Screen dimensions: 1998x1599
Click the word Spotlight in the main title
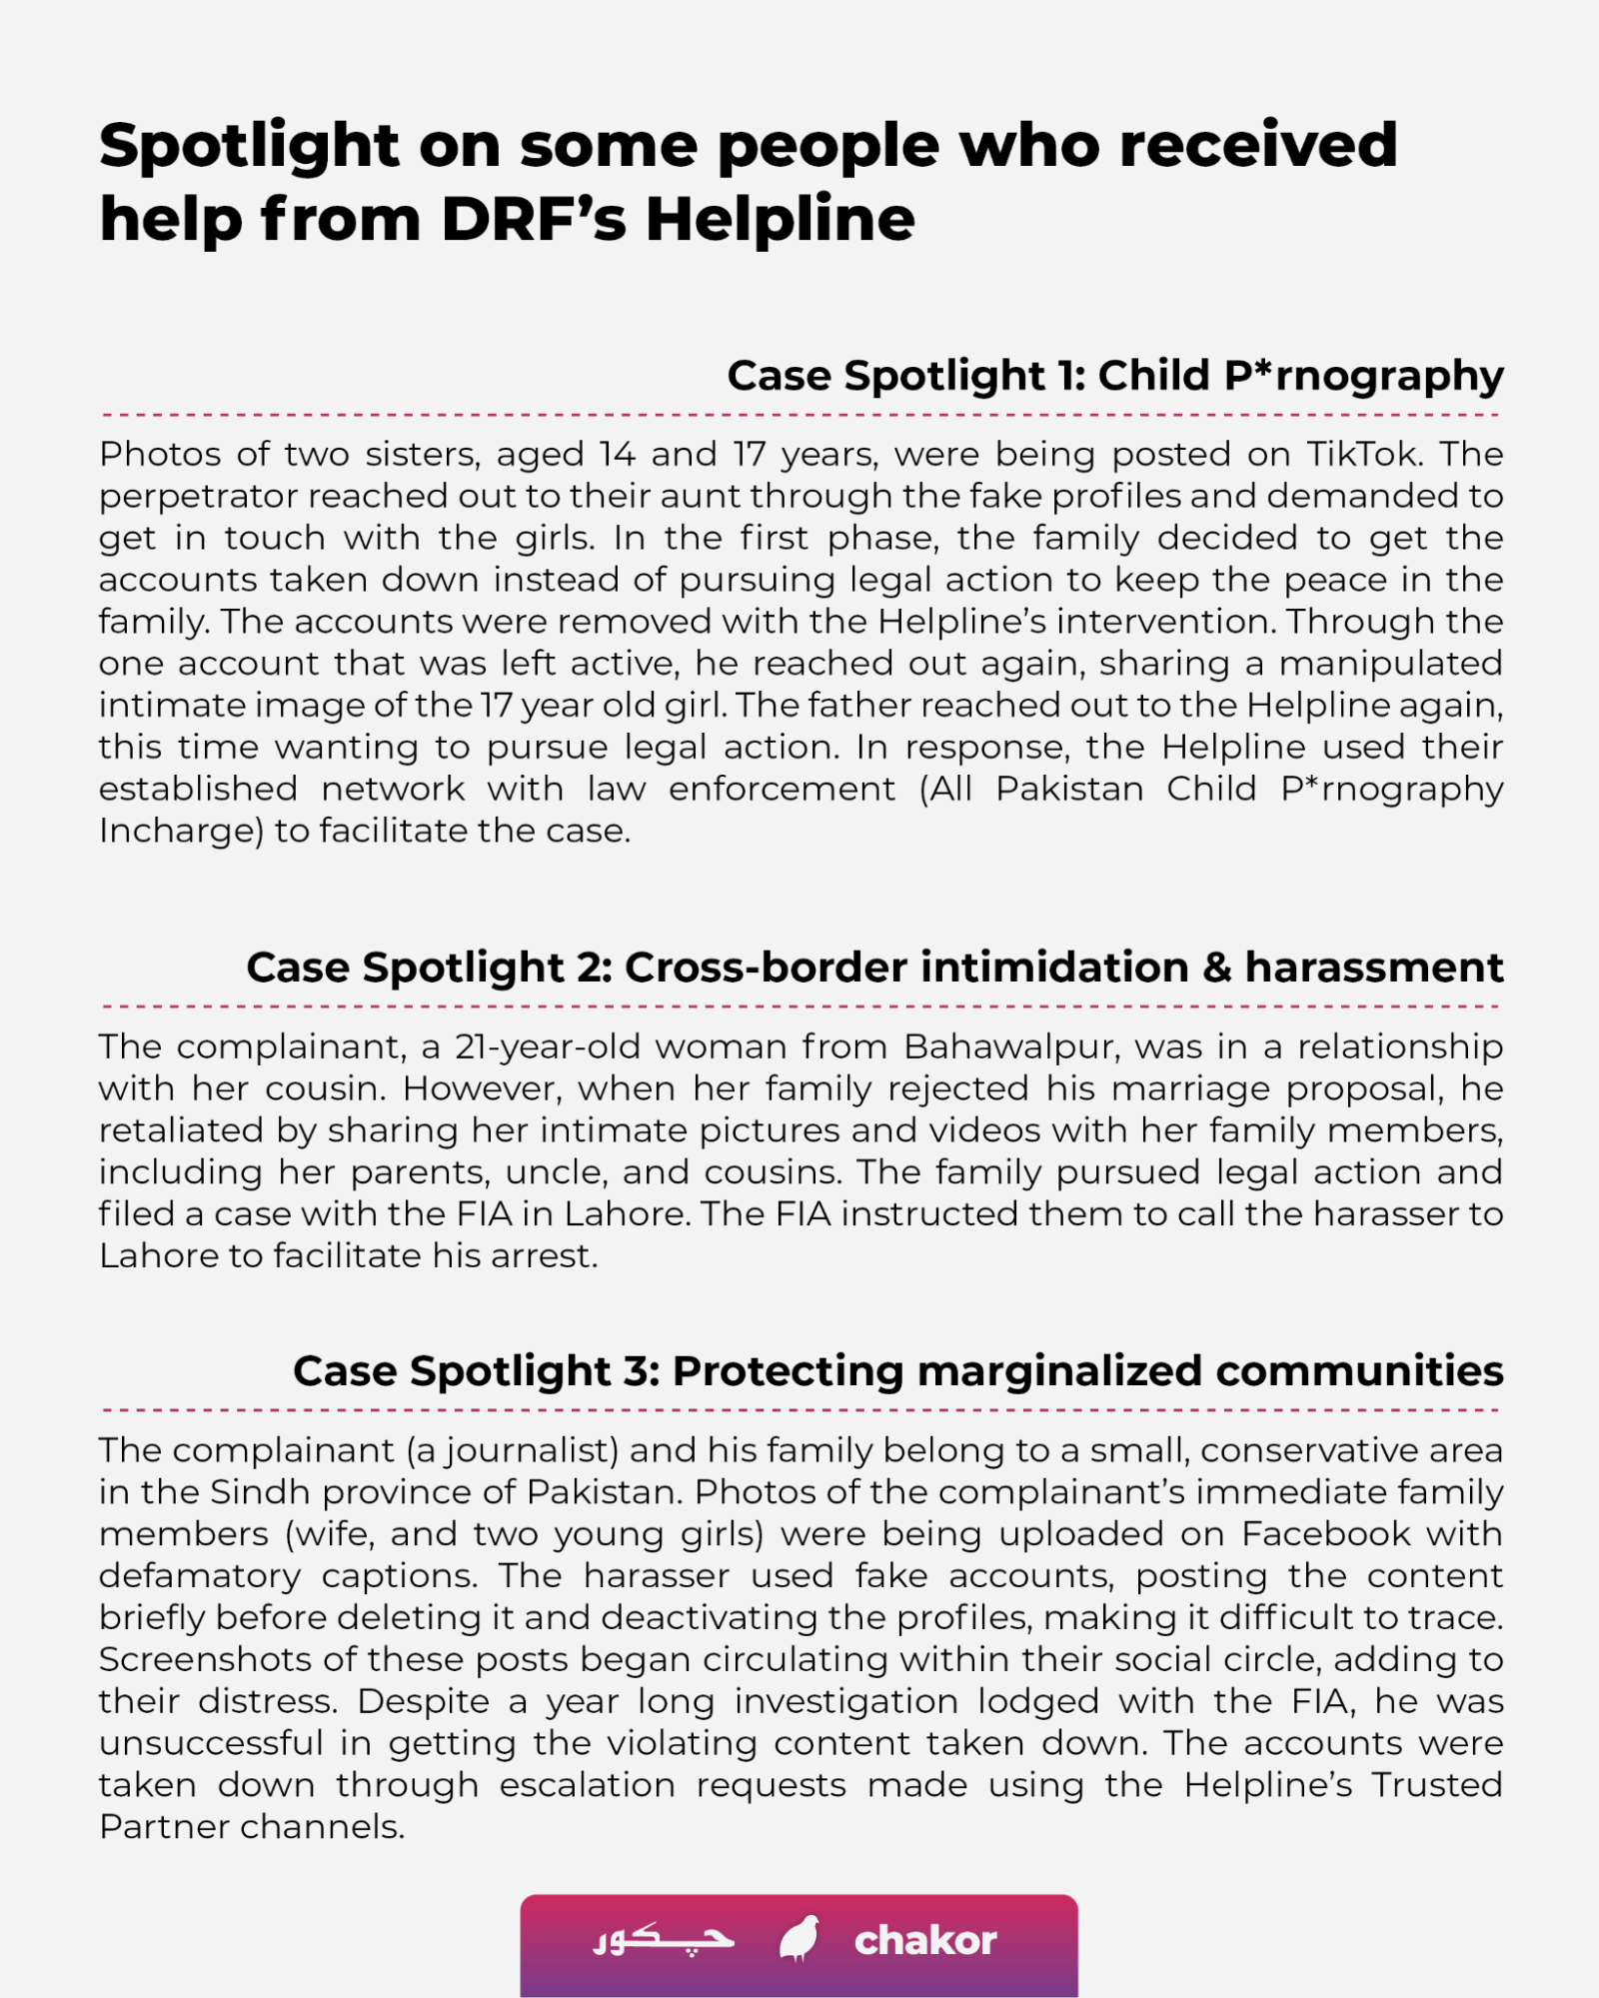click(x=249, y=146)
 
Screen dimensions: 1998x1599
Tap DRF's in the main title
click(x=534, y=220)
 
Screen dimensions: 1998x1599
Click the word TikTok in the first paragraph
click(x=1363, y=455)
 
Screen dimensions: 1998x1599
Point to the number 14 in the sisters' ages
click(x=617, y=455)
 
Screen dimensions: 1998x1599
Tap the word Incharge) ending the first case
click(x=180, y=831)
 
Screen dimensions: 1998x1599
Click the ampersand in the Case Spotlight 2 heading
click(x=1216, y=968)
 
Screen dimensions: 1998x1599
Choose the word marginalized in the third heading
click(x=1058, y=1371)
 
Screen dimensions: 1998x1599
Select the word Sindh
click(x=260, y=1492)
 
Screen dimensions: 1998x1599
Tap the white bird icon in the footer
click(x=799, y=1939)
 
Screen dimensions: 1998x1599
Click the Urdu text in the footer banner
click(x=664, y=1939)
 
